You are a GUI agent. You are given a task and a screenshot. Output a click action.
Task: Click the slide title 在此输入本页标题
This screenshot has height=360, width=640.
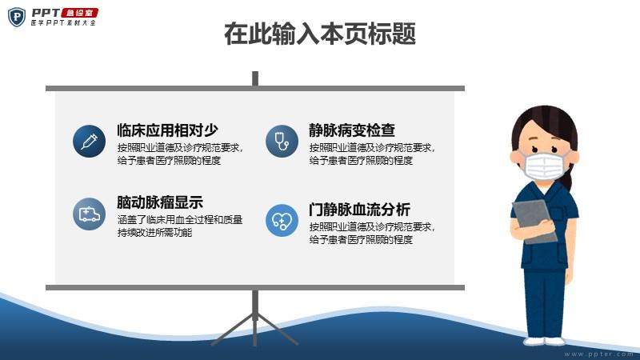coord(320,34)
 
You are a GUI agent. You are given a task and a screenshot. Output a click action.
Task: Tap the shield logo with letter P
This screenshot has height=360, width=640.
coord(17,17)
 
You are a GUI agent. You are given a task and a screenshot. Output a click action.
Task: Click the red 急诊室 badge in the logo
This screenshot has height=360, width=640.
coord(79,13)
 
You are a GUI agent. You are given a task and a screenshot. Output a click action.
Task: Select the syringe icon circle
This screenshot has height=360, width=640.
coord(89,142)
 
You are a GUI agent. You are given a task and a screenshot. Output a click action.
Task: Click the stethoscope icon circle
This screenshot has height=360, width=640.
coord(282,142)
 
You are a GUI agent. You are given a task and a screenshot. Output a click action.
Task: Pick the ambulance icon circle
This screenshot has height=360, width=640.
coord(89,214)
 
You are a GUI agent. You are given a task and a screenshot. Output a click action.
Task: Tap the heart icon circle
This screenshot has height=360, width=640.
coord(282,221)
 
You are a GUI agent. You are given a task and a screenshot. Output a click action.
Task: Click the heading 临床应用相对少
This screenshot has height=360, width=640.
coord(167,130)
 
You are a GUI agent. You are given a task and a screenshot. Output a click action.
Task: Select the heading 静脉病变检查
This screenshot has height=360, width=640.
coord(352,130)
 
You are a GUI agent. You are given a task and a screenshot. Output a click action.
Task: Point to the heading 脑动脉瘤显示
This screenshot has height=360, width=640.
coord(160,202)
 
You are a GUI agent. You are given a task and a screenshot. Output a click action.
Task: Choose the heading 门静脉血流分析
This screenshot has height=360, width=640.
coord(359,210)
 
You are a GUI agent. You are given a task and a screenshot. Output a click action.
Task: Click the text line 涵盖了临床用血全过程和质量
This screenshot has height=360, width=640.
coord(180,219)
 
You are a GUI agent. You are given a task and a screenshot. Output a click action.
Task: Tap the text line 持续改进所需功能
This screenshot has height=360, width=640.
coord(154,232)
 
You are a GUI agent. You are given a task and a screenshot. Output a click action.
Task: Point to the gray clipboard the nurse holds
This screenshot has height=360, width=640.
coord(534,222)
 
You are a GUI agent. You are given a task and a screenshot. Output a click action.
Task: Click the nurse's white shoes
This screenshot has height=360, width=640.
coord(545,342)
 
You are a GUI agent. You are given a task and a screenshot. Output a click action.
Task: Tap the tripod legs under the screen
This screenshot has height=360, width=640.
coord(255,326)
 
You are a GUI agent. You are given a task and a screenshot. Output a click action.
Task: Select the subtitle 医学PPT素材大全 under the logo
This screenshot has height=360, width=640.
coord(63,23)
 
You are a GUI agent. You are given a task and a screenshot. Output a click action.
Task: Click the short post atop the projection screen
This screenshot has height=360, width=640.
coord(255,78)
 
